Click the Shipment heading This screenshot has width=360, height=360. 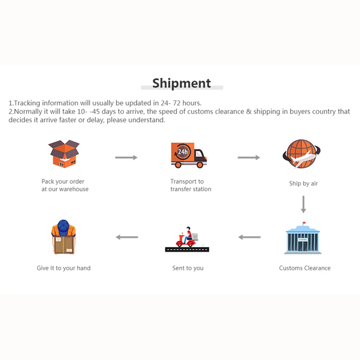tap(181, 83)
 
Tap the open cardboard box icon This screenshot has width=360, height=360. tap(63, 153)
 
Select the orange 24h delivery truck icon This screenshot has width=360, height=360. tap(189, 154)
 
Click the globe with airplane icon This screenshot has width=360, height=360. tap(302, 154)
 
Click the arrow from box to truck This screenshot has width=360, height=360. tap(126, 157)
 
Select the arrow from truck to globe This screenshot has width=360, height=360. tap(249, 157)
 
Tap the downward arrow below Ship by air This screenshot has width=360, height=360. tap(303, 204)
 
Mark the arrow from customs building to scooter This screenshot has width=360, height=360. tap(249, 237)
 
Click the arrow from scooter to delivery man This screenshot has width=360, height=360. tap(127, 237)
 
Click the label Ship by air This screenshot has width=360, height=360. tap(303, 184)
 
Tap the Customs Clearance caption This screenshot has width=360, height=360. tap(305, 268)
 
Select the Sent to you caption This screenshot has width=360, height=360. tap(188, 268)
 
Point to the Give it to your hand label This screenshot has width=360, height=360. tap(63, 268)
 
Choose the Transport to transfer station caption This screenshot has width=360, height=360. tap(190, 185)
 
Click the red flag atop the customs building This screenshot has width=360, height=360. tap(303, 223)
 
